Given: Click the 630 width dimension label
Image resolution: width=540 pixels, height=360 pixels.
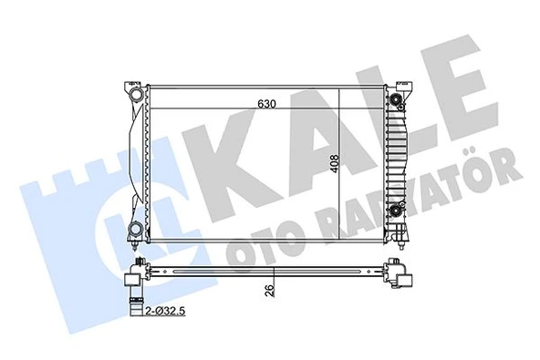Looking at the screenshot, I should click(x=265, y=103).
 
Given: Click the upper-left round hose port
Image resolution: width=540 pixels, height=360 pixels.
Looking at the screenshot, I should click(x=135, y=94).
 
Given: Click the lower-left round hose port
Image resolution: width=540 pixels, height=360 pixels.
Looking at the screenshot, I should click(x=135, y=228).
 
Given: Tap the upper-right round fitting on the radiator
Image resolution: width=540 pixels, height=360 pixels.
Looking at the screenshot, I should click(x=397, y=95).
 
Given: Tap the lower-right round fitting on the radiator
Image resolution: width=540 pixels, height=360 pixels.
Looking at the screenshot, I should click(x=397, y=213).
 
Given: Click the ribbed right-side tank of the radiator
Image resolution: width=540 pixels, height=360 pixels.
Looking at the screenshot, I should click(x=394, y=155).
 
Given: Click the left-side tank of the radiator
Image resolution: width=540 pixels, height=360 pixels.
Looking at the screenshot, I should click(x=140, y=159).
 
